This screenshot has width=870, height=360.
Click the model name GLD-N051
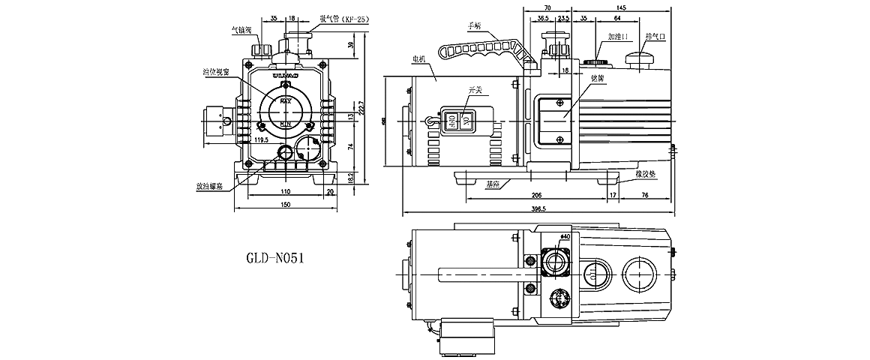coord(274,257)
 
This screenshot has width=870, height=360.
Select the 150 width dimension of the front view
coord(285,205)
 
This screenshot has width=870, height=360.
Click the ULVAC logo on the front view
coord(285,76)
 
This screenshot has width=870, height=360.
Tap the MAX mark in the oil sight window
coord(285,100)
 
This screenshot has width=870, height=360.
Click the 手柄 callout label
coord(473,25)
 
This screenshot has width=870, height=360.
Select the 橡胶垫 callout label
coord(645,174)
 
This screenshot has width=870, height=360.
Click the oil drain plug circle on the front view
coord(286,153)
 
